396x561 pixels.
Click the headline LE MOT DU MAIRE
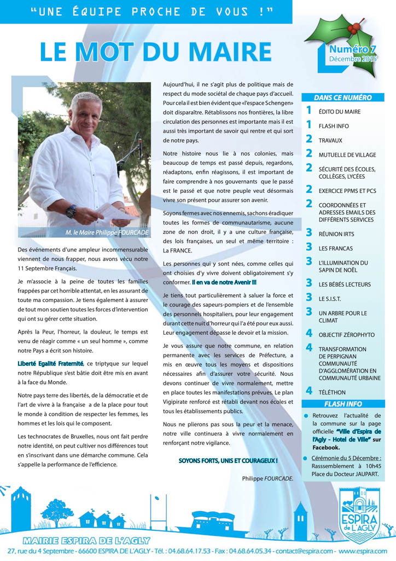pyautogui.click(x=156, y=52)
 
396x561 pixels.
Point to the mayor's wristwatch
pyautogui.click(x=71, y=211)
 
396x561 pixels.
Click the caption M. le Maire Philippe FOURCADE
pyautogui.click(x=107, y=233)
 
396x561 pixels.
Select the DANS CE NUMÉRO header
pyautogui.click(x=343, y=98)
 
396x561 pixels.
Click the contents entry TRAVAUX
pyautogui.click(x=330, y=140)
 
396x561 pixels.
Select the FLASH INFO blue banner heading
pyautogui.click(x=343, y=404)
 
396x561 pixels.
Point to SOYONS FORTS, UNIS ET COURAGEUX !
pyautogui.click(x=228, y=461)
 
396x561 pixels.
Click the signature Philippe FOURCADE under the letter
pyautogui.click(x=267, y=478)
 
